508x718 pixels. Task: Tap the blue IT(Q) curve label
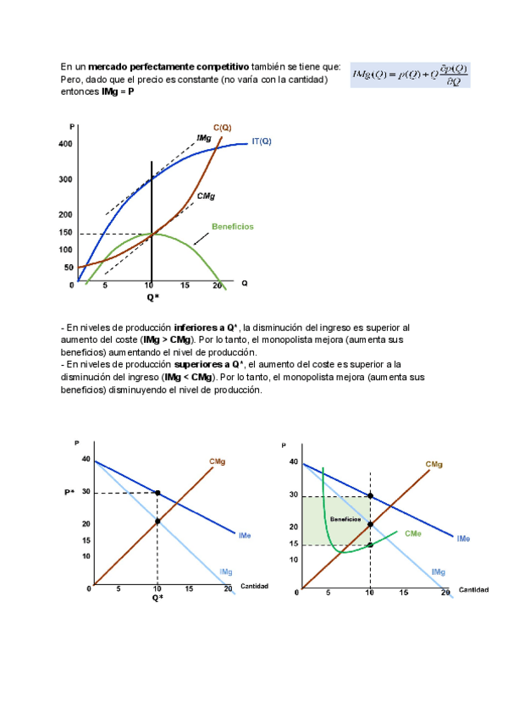click(x=262, y=141)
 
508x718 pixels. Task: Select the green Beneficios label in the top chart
click(x=232, y=227)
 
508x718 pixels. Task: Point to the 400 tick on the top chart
click(x=66, y=145)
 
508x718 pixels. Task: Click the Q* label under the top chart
click(x=152, y=297)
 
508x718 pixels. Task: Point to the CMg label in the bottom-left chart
click(x=217, y=462)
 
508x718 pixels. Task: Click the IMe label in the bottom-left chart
click(x=243, y=536)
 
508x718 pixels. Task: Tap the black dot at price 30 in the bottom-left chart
click(x=157, y=492)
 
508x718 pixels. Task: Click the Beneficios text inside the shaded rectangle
click(x=345, y=519)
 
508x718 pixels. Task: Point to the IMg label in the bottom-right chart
click(x=438, y=572)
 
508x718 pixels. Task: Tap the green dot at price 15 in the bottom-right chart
click(x=370, y=544)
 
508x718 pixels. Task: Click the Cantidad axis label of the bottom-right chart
click(x=473, y=589)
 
